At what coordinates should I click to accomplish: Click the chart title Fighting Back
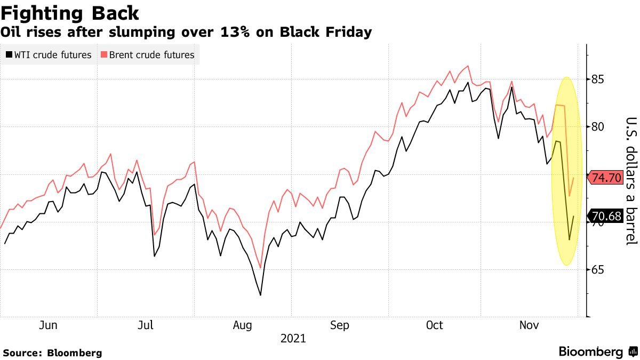pos(70,13)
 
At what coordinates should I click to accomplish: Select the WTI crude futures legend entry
pos(49,55)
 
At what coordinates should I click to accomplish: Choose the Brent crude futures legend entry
pos(147,55)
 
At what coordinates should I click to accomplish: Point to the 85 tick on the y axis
pos(598,79)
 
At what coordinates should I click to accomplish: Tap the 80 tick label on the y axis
pos(598,127)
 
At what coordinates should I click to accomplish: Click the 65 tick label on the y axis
pos(598,270)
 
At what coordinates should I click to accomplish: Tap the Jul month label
pos(146,325)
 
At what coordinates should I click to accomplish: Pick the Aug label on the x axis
pos(243,325)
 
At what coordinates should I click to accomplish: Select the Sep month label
pos(340,325)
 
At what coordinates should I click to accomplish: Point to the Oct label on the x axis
pos(435,325)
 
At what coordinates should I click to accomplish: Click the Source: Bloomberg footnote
pos(52,353)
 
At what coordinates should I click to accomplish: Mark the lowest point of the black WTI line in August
pos(260,295)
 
